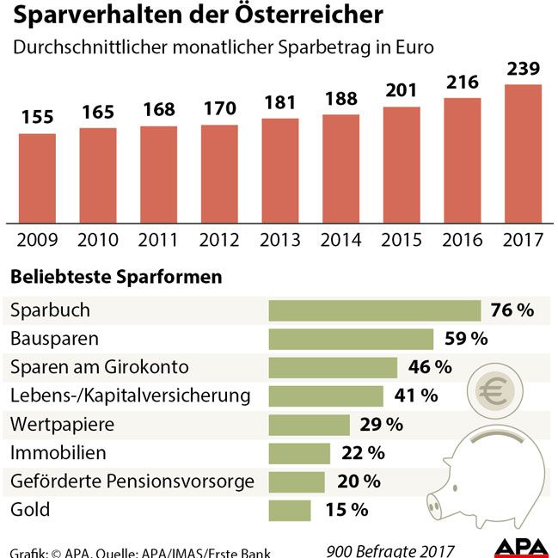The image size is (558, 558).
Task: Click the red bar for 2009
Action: pyautogui.click(x=37, y=177)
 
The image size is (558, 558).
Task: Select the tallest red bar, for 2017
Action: pyautogui.click(x=523, y=153)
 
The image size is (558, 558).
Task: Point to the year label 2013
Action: pyautogui.click(x=280, y=240)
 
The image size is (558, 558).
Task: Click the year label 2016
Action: pyautogui.click(x=463, y=240)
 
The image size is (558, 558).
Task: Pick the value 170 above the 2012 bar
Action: pyautogui.click(x=219, y=110)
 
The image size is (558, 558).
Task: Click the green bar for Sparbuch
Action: pyautogui.click(x=374, y=310)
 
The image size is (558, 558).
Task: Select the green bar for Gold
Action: pyautogui.click(x=290, y=510)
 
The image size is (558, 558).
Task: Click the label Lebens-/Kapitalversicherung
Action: pyautogui.click(x=131, y=396)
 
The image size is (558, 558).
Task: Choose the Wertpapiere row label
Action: pyautogui.click(x=61, y=424)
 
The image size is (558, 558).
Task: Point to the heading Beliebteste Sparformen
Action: pyautogui.click(x=116, y=278)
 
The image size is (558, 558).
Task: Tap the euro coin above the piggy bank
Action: pyautogui.click(x=494, y=394)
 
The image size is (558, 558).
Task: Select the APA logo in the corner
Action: pyautogui.click(x=520, y=549)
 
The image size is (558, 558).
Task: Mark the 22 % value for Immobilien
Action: pyautogui.click(x=363, y=453)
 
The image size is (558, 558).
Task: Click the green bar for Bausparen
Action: pyautogui.click(x=351, y=339)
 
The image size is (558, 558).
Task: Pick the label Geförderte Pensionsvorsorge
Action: pyautogui.click(x=132, y=481)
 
